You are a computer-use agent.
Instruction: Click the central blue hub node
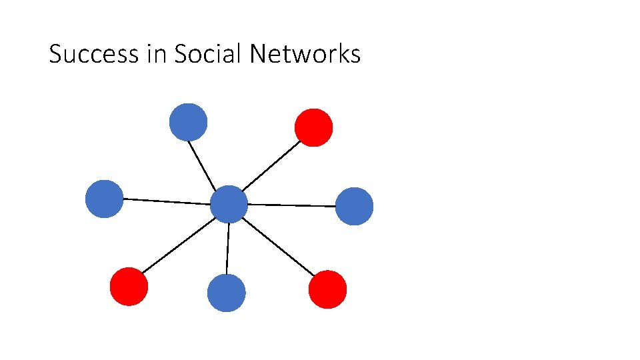(229, 204)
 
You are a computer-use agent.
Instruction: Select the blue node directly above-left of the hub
(188, 122)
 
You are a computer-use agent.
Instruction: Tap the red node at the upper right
(313, 127)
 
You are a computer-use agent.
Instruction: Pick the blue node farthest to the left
(105, 199)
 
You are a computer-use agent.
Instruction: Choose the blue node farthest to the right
(354, 206)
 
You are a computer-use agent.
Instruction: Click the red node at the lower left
(129, 287)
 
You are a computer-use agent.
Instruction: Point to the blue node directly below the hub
(227, 293)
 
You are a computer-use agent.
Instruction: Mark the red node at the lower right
(327, 289)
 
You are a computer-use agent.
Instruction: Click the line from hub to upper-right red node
(271, 166)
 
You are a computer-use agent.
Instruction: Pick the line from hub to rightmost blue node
(291, 205)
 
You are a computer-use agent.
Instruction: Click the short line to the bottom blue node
(228, 248)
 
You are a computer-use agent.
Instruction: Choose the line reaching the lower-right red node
(278, 247)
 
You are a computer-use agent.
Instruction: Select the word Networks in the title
(305, 54)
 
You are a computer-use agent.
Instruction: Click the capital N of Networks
(257, 54)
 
